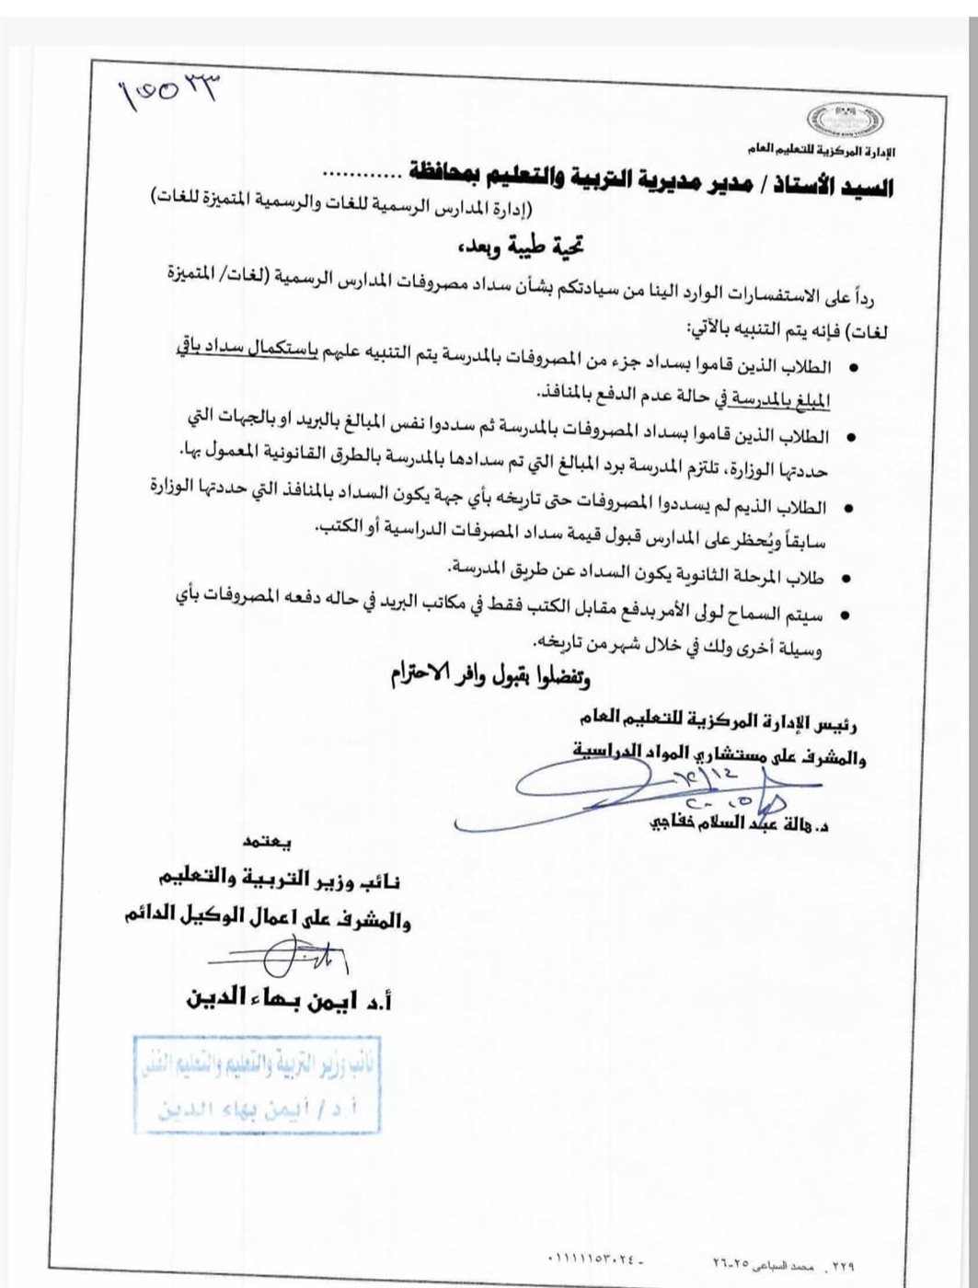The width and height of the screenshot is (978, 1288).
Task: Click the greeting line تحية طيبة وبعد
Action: click(523, 247)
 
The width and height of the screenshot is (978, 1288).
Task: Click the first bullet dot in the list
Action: click(853, 368)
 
